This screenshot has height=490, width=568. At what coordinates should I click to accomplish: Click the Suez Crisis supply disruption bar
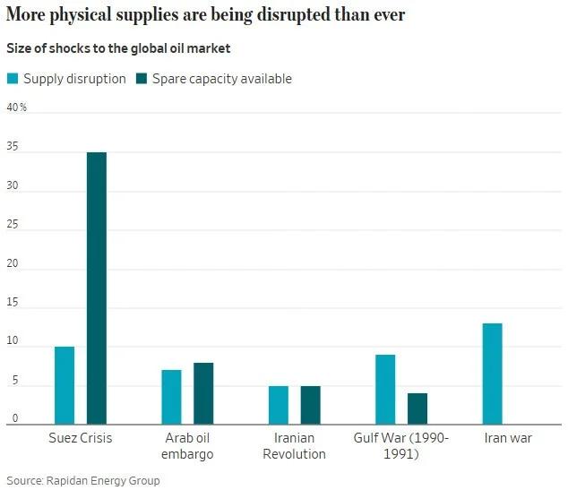point(65,384)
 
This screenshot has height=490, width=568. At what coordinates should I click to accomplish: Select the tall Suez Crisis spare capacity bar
point(97,288)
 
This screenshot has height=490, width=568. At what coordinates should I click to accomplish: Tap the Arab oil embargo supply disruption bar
point(171,396)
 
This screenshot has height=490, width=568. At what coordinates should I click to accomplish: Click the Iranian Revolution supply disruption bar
point(279,404)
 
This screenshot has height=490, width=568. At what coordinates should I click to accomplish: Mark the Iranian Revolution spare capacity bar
point(311,404)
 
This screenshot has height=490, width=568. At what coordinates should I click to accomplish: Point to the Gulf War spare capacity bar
point(417,408)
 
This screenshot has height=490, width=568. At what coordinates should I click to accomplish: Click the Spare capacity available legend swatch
point(142,79)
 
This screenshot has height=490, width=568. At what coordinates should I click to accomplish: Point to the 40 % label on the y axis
point(17,107)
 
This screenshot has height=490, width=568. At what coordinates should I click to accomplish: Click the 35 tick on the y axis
point(13,153)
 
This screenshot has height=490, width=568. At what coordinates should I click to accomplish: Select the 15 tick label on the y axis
point(13,306)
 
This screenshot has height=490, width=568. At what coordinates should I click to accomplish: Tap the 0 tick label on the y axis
point(14,417)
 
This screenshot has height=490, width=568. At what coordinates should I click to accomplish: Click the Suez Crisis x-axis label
point(80,438)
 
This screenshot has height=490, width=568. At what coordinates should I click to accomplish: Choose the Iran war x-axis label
point(507,438)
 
